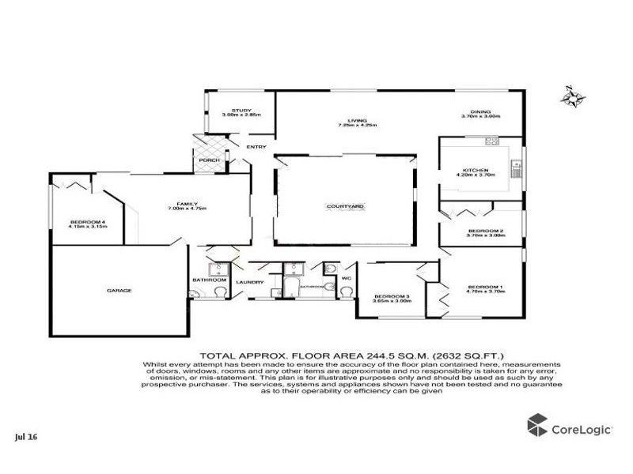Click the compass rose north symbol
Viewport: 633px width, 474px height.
click(572, 97)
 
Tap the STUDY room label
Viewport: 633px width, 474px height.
click(241, 111)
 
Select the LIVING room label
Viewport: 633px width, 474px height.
click(358, 120)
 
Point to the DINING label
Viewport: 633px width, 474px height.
click(481, 111)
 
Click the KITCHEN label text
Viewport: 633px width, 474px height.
click(476, 170)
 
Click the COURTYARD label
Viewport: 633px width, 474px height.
click(345, 206)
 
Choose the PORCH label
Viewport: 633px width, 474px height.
click(209, 160)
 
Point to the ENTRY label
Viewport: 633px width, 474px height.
click(256, 147)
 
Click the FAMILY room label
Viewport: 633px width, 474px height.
click(187, 203)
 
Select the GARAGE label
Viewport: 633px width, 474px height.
click(119, 290)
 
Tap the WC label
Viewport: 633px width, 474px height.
click(346, 278)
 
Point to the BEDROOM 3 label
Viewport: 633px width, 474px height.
click(392, 296)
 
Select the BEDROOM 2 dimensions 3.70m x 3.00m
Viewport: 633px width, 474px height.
click(485, 235)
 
